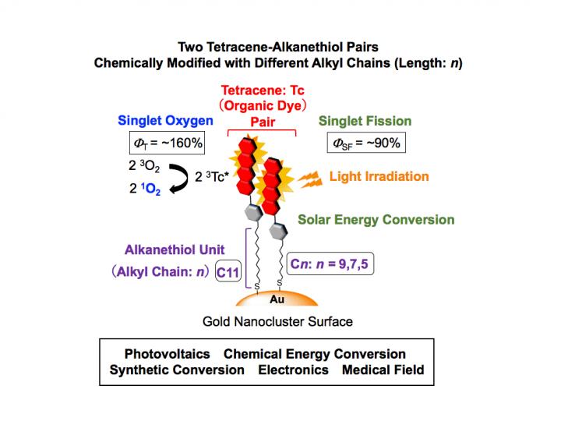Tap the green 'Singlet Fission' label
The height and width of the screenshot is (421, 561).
(365, 121)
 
